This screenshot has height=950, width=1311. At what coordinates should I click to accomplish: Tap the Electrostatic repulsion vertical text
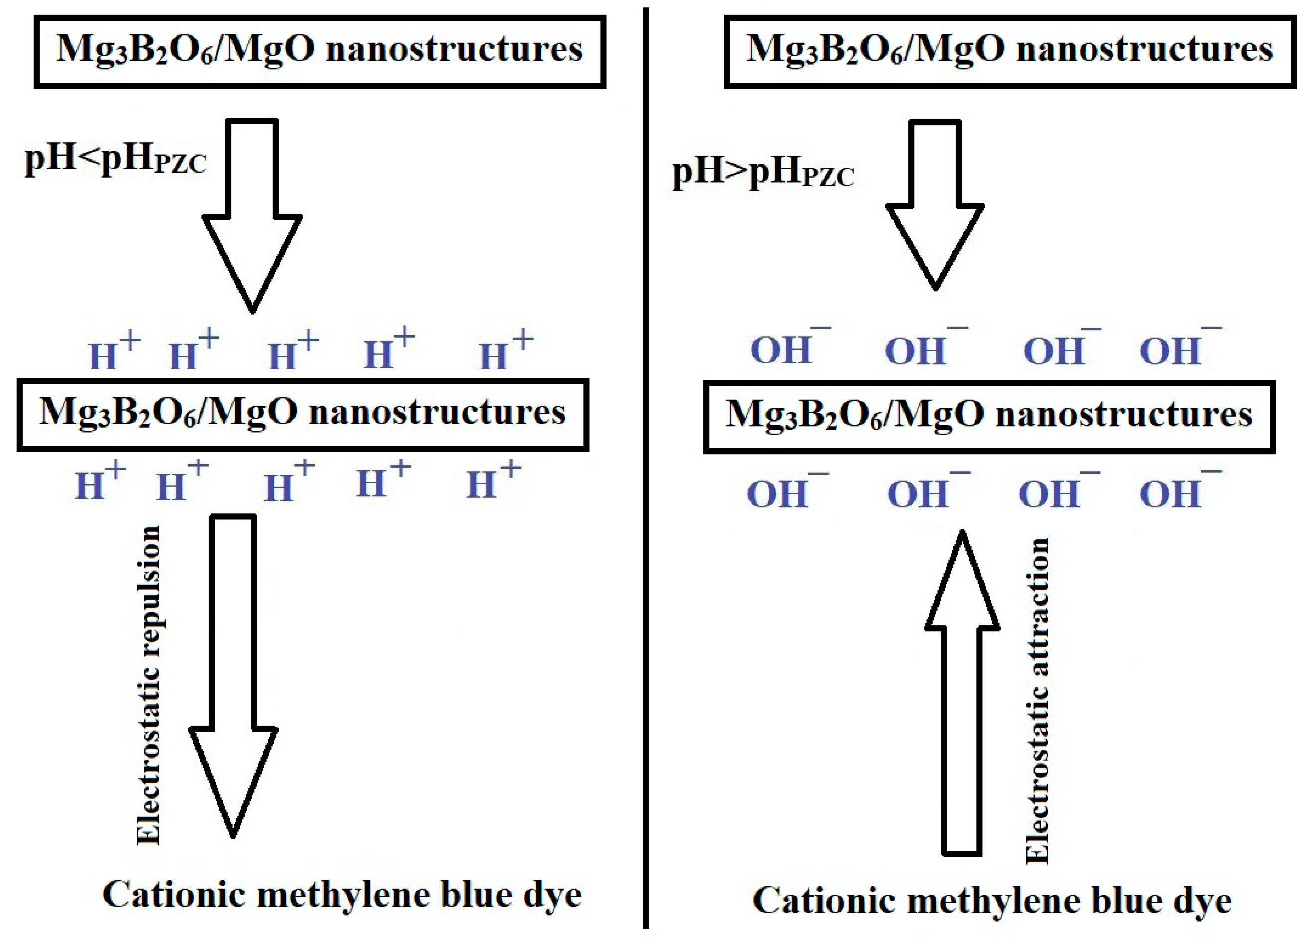click(x=149, y=685)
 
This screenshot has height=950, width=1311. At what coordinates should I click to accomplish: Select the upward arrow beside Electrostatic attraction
click(x=962, y=694)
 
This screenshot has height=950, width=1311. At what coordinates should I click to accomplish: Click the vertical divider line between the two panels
click(x=645, y=474)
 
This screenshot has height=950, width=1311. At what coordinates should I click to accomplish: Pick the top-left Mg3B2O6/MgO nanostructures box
click(x=320, y=52)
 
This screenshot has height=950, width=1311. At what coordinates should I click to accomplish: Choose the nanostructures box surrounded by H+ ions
click(x=302, y=415)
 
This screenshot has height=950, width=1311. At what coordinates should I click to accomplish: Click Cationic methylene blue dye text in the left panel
click(x=342, y=896)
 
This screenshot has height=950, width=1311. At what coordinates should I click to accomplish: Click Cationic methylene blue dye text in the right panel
click(x=992, y=901)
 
